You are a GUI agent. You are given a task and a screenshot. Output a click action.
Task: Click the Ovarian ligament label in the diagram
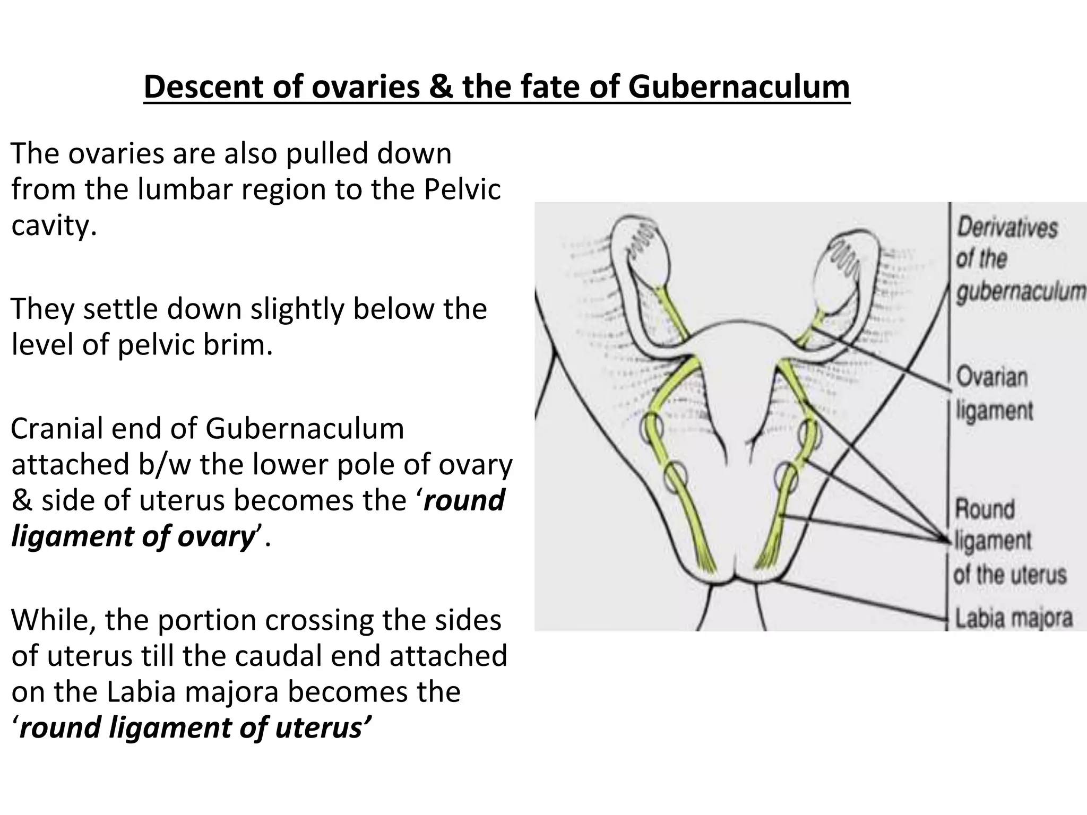(x=994, y=394)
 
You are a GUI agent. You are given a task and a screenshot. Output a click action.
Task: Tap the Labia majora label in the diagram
(x=1013, y=618)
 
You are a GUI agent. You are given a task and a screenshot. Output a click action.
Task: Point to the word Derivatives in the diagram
(x=1007, y=228)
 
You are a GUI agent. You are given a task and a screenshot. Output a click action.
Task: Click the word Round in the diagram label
(x=985, y=509)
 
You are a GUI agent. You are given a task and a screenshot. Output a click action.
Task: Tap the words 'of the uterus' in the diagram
(x=1010, y=575)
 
